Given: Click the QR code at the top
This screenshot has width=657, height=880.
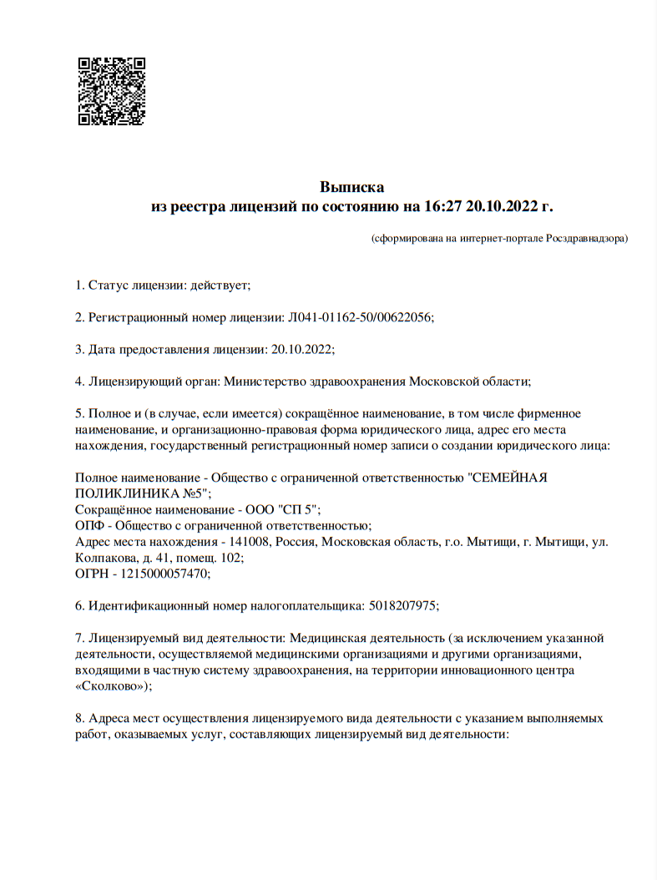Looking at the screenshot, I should pos(112,91).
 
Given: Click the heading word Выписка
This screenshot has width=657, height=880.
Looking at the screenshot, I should pos(351,187).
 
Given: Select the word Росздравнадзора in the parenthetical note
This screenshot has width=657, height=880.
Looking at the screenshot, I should pos(586,239).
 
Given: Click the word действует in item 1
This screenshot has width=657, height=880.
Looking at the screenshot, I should pos(220,286).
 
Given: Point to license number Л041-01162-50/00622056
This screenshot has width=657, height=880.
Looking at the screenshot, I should pos(360,317).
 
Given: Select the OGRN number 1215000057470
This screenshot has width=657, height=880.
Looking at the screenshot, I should pos(162,573).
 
